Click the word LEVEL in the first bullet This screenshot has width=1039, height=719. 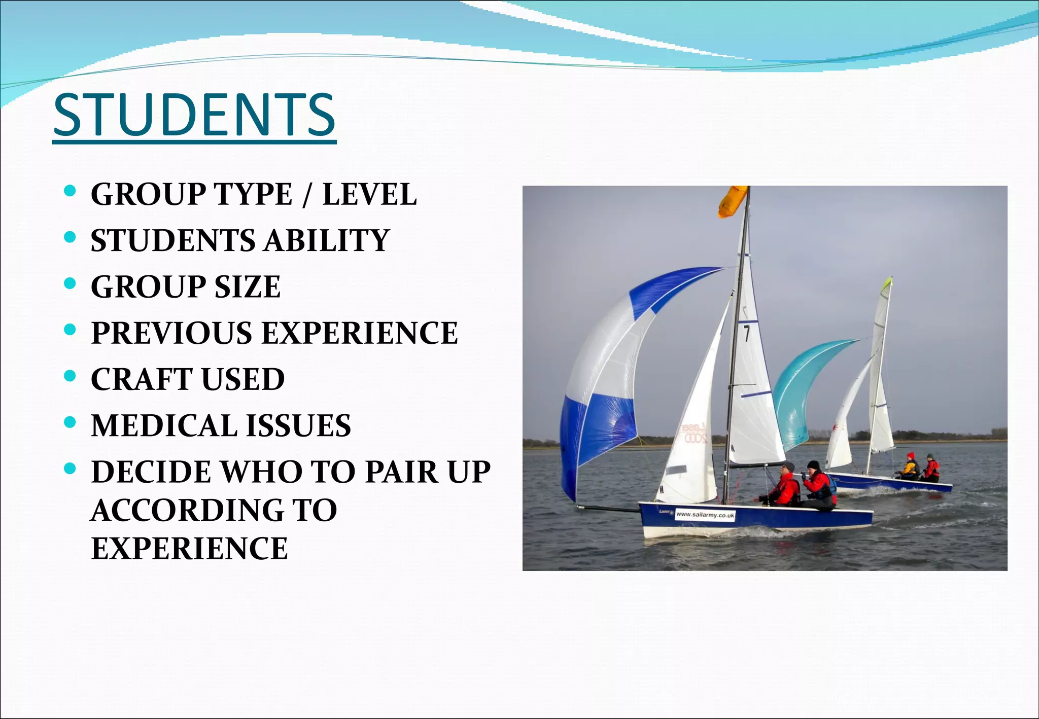click(x=369, y=195)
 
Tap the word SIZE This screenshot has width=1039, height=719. click(x=247, y=287)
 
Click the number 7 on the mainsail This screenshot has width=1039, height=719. click(x=746, y=334)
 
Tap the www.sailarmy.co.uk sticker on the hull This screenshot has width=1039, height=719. click(x=705, y=515)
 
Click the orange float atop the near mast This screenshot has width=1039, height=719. click(x=732, y=201)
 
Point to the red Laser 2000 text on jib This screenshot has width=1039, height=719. click(x=694, y=433)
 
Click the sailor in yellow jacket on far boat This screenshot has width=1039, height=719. click(x=910, y=466)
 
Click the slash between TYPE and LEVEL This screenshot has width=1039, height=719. click(x=306, y=195)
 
